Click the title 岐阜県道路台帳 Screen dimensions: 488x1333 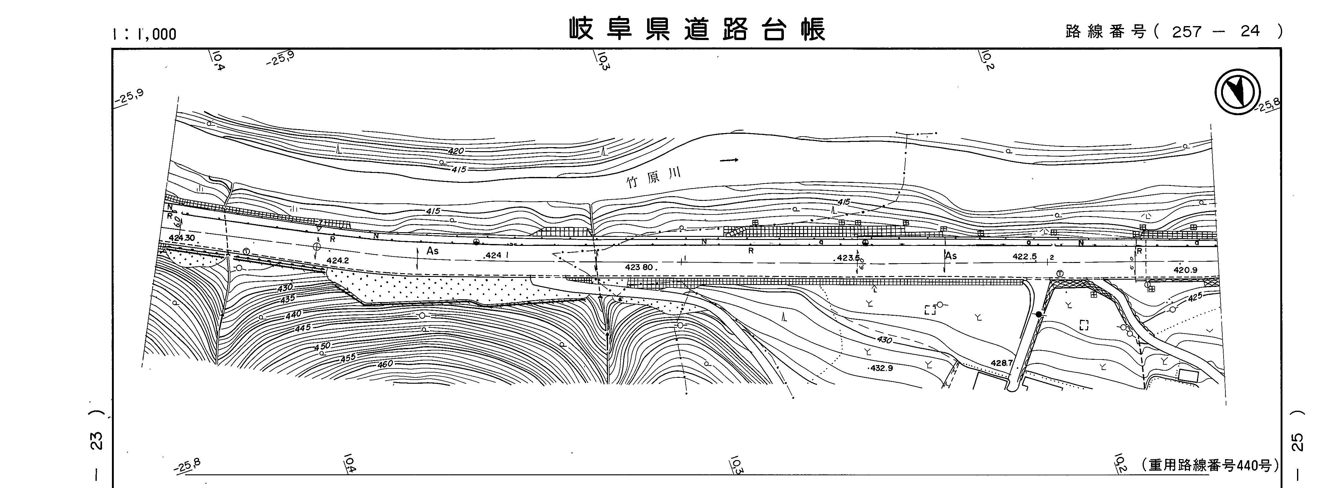(x=697, y=29)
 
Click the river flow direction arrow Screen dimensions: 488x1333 (x=729, y=160)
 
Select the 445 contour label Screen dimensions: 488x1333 (x=303, y=328)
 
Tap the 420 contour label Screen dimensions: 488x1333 (x=456, y=151)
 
